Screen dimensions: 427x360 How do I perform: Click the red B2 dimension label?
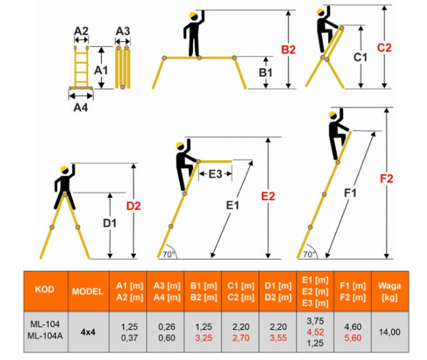pyautogui.click(x=288, y=50)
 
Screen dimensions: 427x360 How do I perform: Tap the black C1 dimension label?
pyautogui.click(x=360, y=57)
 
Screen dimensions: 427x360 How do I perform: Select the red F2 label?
pyautogui.click(x=386, y=179)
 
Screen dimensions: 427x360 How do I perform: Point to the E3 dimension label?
pyautogui.click(x=216, y=174)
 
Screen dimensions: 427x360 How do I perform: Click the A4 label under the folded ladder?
pyautogui.click(x=80, y=108)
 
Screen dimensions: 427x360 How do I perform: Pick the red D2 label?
pyautogui.click(x=133, y=206)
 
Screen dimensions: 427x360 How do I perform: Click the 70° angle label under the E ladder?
pyautogui.click(x=169, y=254)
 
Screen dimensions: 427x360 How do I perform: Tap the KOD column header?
pyautogui.click(x=45, y=289)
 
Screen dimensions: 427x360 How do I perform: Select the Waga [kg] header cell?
pyautogui.click(x=389, y=291)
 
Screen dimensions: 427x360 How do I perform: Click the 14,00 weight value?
pyautogui.click(x=389, y=332)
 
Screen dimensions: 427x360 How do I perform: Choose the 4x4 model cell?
pyautogui.click(x=88, y=333)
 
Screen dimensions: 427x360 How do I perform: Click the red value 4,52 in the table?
pyautogui.click(x=316, y=332)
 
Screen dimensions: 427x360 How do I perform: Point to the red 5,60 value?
pyautogui.click(x=352, y=338)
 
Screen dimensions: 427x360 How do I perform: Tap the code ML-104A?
pyautogui.click(x=45, y=335)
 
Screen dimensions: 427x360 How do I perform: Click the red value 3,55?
pyautogui.click(x=278, y=338)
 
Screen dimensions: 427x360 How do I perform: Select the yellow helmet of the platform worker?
pyautogui.click(x=193, y=15)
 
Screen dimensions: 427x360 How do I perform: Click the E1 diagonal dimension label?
pyautogui.click(x=232, y=205)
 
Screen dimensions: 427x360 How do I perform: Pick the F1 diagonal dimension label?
pyautogui.click(x=350, y=193)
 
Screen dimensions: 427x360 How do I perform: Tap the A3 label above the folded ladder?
pyautogui.click(x=123, y=31)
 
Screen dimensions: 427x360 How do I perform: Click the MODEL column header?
pyautogui.click(x=88, y=292)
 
